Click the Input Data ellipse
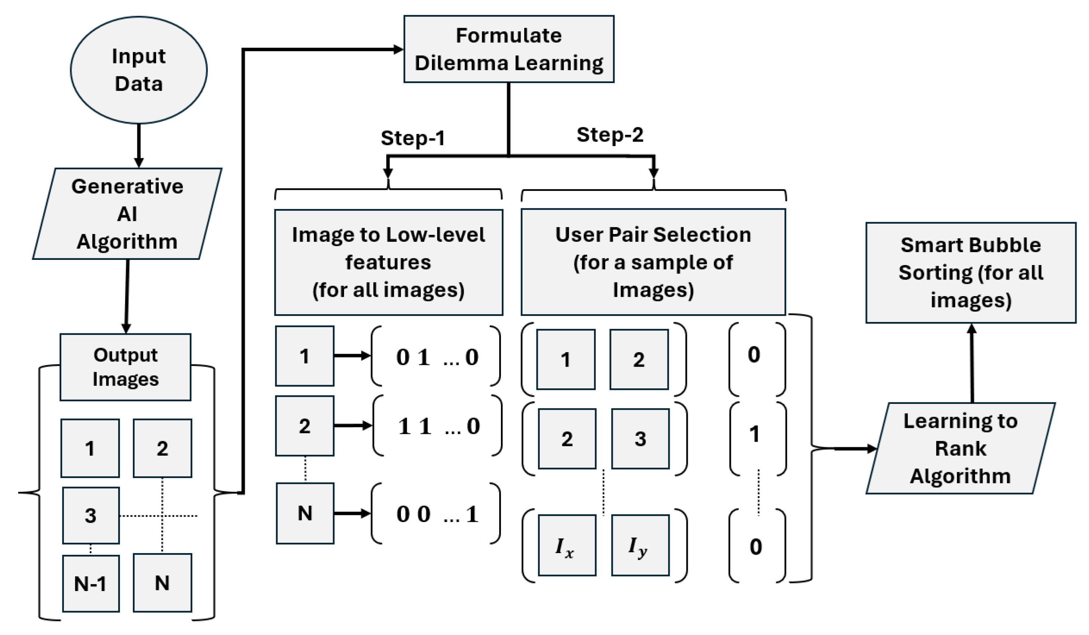point(139,70)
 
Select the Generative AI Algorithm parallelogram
point(127,214)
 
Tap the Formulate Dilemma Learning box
point(509,49)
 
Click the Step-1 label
point(412,138)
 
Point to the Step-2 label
point(610,135)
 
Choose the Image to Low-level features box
point(388,262)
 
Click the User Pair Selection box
point(653,262)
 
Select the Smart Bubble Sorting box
point(971,273)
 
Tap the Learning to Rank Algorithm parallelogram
point(960,448)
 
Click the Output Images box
point(125,367)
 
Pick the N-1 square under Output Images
point(90,584)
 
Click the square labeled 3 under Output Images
point(90,515)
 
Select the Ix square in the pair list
point(567,545)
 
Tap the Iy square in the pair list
point(640,545)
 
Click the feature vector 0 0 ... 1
point(436,514)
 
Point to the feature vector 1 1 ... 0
point(437,426)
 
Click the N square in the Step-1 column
point(305,513)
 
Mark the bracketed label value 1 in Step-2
point(755,434)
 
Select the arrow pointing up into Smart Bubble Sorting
point(972,363)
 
